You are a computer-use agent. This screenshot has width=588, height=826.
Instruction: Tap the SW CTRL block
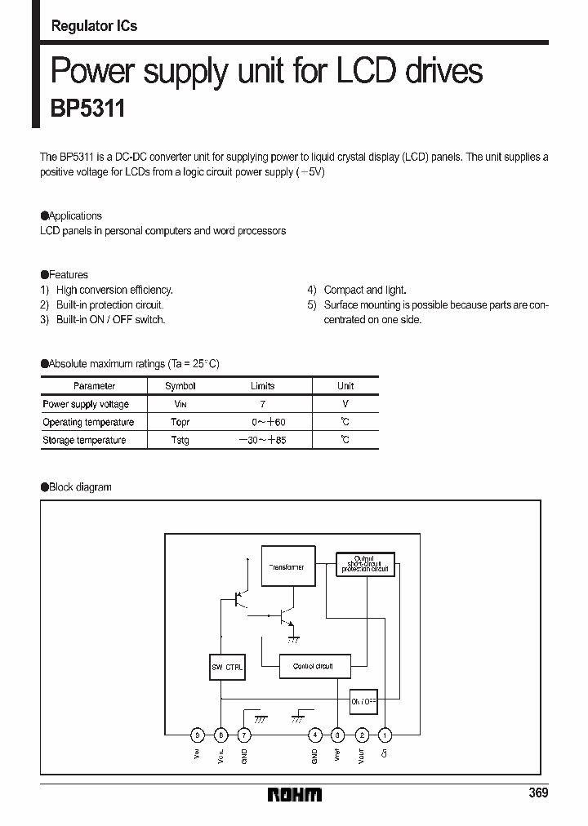point(221,667)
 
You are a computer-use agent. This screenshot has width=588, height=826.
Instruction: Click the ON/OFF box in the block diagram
point(363,701)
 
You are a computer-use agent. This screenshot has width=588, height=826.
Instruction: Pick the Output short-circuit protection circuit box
point(365,563)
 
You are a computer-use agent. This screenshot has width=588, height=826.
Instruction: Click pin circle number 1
point(385,735)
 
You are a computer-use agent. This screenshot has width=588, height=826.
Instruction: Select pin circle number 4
point(314,735)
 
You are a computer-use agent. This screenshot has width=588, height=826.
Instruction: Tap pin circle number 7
point(243,735)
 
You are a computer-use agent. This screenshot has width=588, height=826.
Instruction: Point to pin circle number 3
point(338,735)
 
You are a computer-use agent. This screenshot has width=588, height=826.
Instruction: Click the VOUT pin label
point(362,756)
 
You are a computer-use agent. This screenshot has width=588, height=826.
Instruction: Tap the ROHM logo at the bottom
point(295,794)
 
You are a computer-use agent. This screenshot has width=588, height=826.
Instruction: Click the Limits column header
point(262,386)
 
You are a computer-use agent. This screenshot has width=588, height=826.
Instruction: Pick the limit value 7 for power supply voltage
point(262,404)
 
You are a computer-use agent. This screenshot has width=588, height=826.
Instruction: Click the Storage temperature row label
point(84,440)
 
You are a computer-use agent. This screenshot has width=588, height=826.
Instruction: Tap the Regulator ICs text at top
point(94,26)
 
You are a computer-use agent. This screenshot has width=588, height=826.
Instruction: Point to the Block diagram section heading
point(79,487)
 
